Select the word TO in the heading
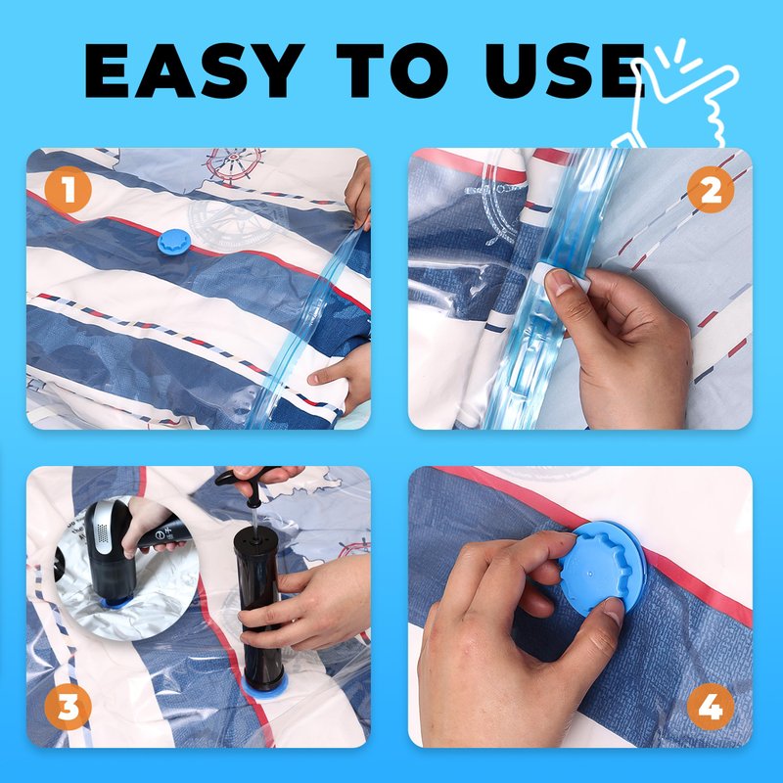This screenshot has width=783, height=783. pyautogui.click(x=392, y=70)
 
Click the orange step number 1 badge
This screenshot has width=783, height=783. pyautogui.click(x=68, y=190)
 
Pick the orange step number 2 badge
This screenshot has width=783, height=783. pyautogui.click(x=711, y=190)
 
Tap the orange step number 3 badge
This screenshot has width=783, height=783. pyautogui.click(x=68, y=707)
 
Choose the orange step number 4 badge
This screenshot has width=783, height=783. pyautogui.click(x=711, y=707)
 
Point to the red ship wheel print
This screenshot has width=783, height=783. pyautogui.click(x=233, y=165)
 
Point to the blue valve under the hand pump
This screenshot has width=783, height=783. pyautogui.click(x=263, y=691)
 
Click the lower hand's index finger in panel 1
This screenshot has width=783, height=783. pyautogui.click(x=325, y=377)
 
